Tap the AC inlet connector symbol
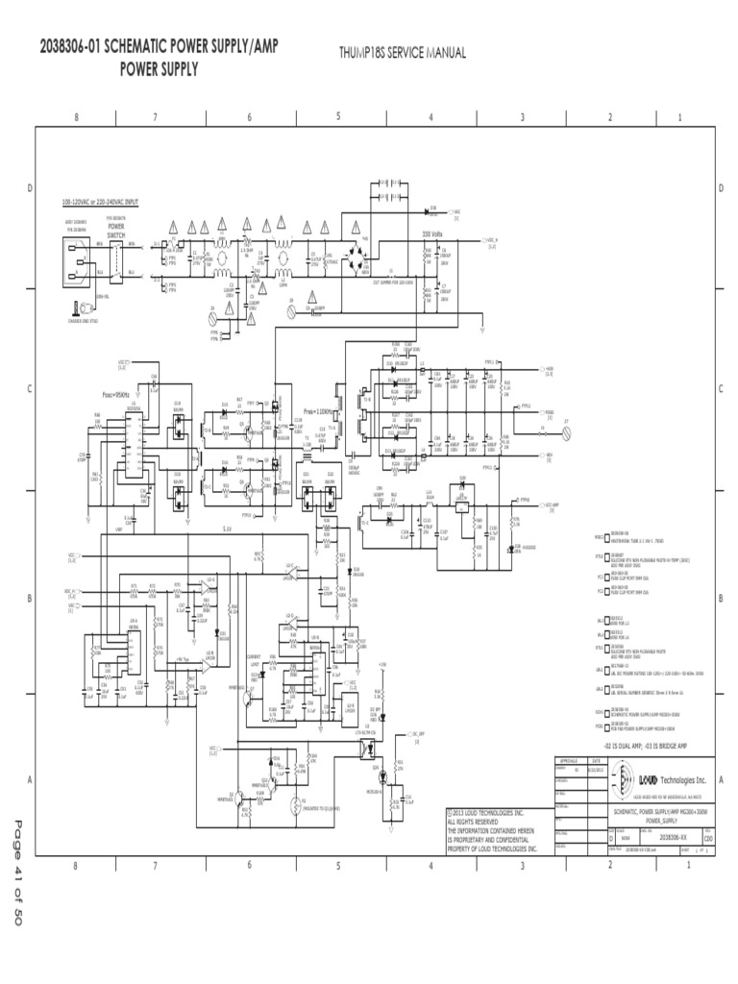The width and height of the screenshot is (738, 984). pos(74,258)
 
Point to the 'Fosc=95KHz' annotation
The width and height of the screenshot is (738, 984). pos(116,394)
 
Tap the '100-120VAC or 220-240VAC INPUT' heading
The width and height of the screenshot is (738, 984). pos(101,203)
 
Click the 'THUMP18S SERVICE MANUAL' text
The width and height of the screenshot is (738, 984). pos(403,54)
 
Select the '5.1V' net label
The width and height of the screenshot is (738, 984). pos(228,529)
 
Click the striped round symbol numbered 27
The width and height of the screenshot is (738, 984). pos(566,430)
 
